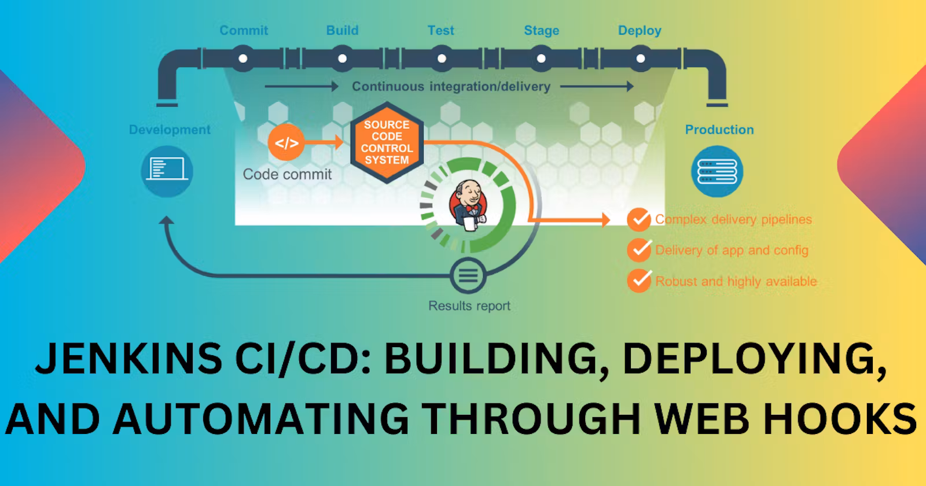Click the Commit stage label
(244, 30)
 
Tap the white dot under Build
(342, 58)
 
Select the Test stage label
(440, 30)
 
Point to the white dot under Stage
(541, 58)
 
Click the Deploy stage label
(640, 31)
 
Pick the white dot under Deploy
(641, 58)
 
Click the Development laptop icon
(167, 171)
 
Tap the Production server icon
(717, 171)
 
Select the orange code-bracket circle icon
(286, 142)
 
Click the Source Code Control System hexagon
(387, 142)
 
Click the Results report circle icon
(468, 275)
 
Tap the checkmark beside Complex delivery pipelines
(639, 219)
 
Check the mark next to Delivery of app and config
(639, 250)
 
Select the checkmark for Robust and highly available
(639, 281)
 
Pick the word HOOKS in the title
(840, 419)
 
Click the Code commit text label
(287, 174)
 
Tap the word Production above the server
(719, 130)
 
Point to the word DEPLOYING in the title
(755, 359)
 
